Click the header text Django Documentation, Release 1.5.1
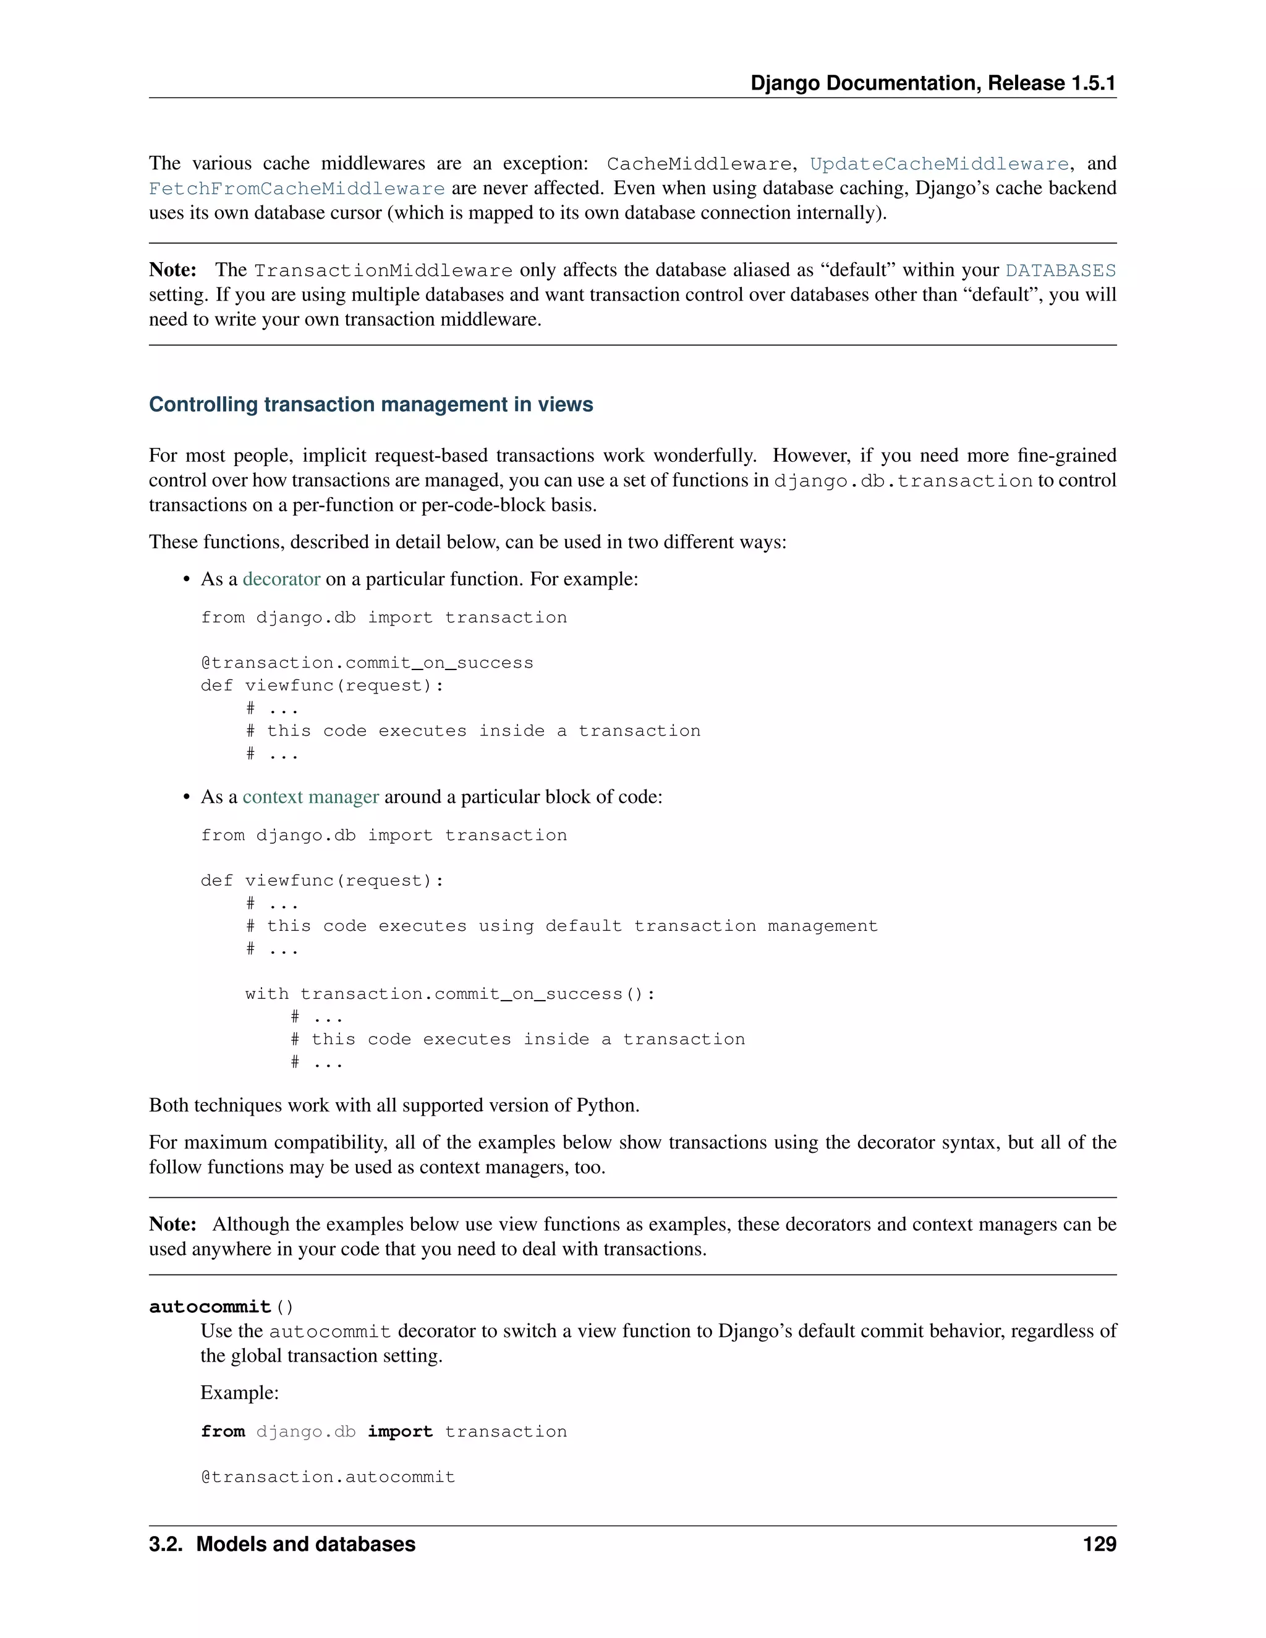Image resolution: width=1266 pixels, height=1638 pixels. point(933,83)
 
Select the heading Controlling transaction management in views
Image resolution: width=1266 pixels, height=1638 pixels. point(370,404)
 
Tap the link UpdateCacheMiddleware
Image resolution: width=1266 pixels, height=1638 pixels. point(939,164)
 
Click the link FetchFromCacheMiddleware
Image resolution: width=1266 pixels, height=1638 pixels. point(297,189)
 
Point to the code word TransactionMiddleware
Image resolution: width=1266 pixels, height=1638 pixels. point(383,270)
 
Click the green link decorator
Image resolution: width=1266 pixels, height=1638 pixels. point(281,579)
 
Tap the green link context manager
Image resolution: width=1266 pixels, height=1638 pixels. point(310,797)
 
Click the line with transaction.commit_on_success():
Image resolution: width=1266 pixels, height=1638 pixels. point(450,994)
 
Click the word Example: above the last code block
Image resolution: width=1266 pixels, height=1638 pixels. point(239,1393)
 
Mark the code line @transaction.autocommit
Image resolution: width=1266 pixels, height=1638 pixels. point(328,1477)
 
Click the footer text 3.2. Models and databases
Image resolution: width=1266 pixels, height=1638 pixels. point(282,1544)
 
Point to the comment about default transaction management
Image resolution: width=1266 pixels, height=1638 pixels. point(562,927)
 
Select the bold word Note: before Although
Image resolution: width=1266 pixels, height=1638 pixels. point(172,1224)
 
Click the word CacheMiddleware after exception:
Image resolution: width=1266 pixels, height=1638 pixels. point(699,164)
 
